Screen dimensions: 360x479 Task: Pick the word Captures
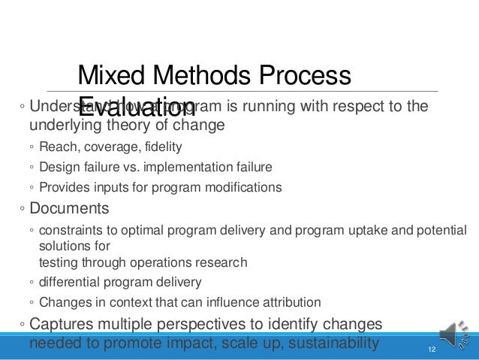pyautogui.click(x=62, y=325)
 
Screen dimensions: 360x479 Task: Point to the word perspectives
pyautogui.click(x=232, y=325)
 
